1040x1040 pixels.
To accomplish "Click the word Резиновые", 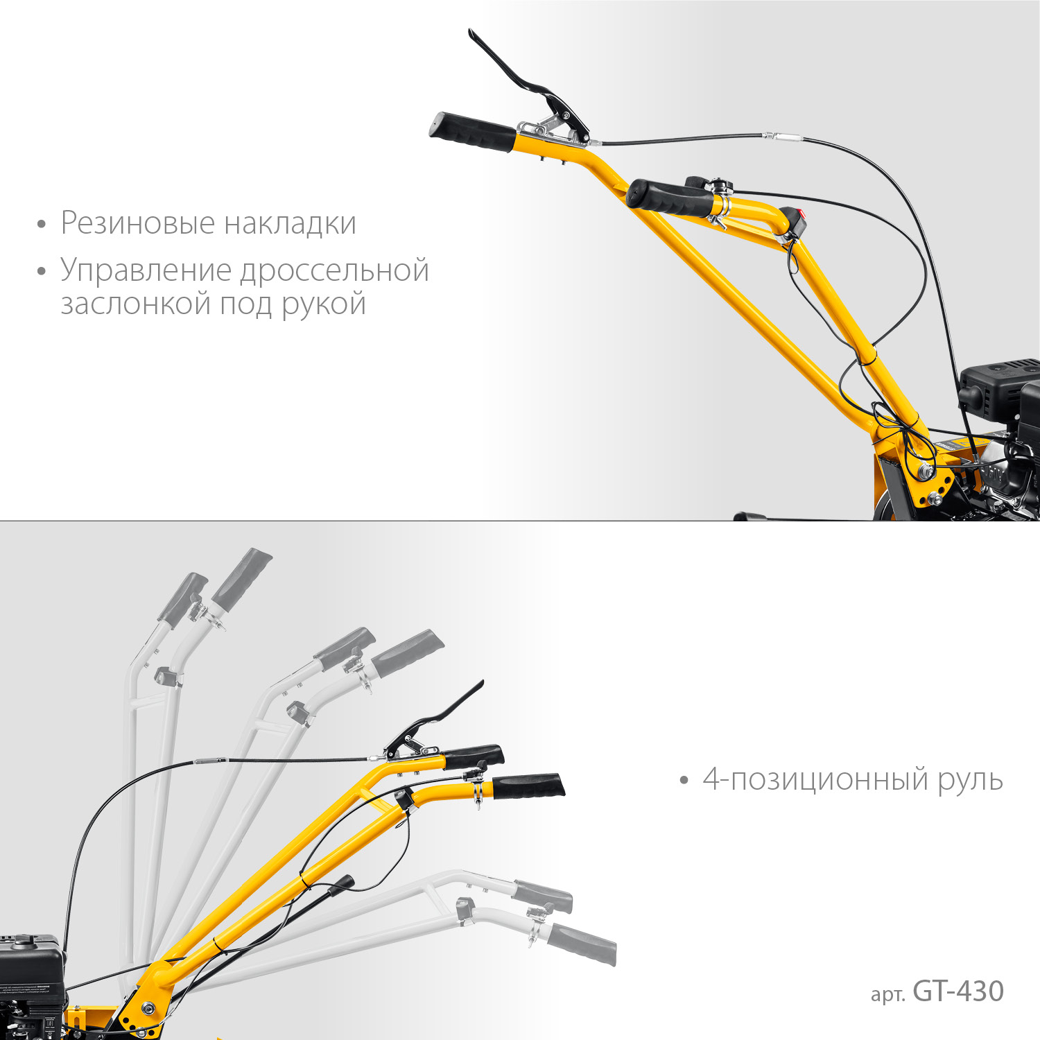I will point(137,223).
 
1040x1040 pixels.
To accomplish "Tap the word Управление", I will point(146,271).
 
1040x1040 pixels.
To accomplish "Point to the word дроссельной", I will point(335,271).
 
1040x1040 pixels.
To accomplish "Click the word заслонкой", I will point(136,304).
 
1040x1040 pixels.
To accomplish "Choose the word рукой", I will point(324,305).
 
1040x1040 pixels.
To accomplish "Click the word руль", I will point(970,780).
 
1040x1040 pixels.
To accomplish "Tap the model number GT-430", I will point(958,991).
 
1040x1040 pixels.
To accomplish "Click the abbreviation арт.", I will point(887,994).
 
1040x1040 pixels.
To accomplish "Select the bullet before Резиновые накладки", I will point(42,225).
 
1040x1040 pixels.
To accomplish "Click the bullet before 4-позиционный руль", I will point(684,781).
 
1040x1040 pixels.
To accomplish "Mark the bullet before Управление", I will point(42,272).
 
